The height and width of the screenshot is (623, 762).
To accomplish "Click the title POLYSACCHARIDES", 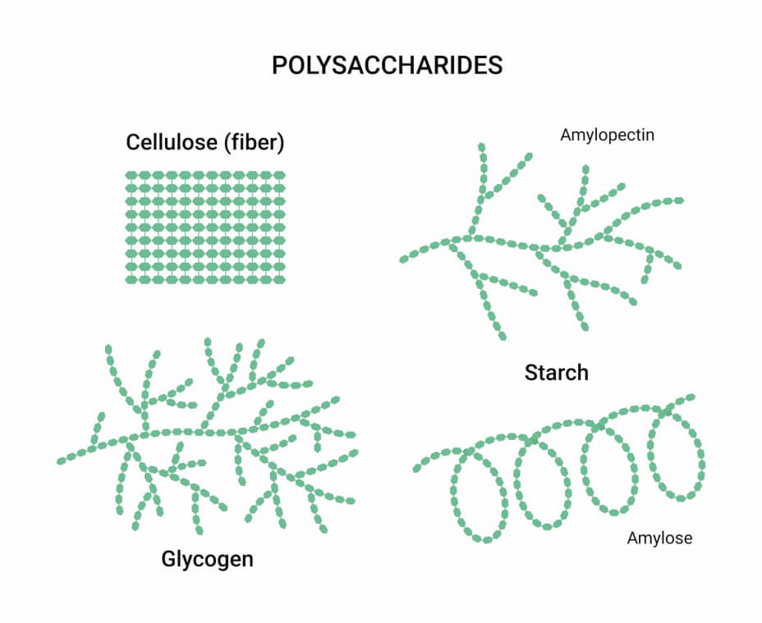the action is pos(387,65).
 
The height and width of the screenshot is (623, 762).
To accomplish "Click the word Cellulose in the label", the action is pos(172,142).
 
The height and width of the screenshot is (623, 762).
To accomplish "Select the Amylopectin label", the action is pos(607,135).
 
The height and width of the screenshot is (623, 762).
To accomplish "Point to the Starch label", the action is pos(557,373).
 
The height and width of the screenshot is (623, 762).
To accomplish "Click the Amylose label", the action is pos(659,538).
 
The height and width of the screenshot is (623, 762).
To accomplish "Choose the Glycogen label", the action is pos(207,559).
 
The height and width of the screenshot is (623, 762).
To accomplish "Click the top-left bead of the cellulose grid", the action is pos(131,175).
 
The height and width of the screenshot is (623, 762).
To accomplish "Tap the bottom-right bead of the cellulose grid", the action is pos(279,280).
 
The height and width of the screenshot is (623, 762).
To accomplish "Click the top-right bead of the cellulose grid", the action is pos(279,175).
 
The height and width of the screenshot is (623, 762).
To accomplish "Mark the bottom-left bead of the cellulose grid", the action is pos(131,280).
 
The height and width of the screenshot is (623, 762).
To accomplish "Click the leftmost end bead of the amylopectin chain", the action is pos(404,259).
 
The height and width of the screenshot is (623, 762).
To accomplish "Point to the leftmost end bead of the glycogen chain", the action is pos(62,460).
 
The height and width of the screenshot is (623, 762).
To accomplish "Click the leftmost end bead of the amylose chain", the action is pos(417,468).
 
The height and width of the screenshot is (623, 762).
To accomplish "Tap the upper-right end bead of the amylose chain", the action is pos(690,398).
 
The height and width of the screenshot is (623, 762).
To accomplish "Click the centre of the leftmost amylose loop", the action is pos(480,496).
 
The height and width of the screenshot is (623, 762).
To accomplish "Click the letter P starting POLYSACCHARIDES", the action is pos(279,66).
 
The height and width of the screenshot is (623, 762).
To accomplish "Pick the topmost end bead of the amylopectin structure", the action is pos(482,147).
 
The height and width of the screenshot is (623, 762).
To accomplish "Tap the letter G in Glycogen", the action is pos(169,559).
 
